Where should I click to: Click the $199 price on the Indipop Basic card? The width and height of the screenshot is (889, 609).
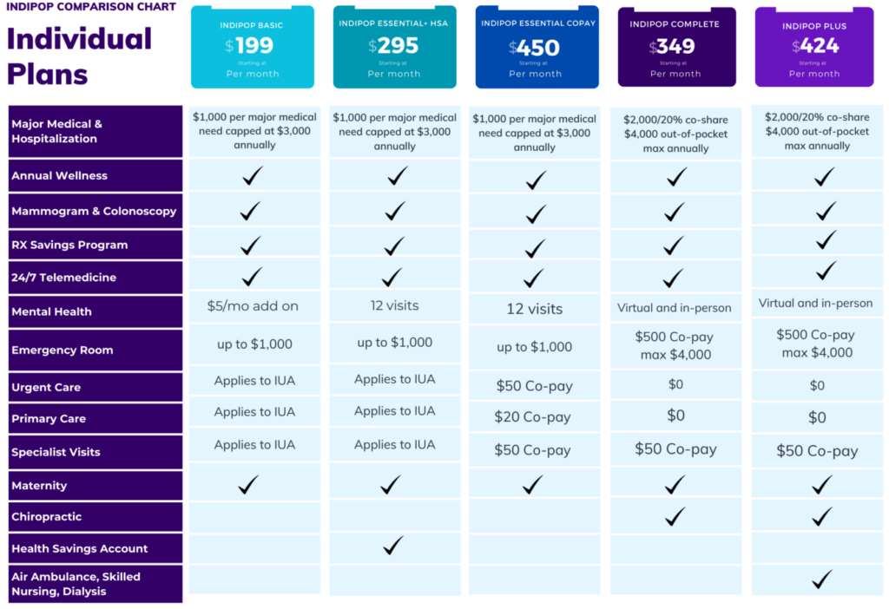(250, 46)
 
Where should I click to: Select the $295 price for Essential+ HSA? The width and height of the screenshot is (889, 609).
(393, 46)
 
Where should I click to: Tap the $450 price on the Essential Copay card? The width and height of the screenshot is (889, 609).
(535, 47)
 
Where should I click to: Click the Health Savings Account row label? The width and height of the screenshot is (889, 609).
(80, 548)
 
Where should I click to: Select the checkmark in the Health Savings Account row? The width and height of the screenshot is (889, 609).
(393, 546)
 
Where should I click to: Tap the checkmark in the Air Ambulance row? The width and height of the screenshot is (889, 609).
(821, 579)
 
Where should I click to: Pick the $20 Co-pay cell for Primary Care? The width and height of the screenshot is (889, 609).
(533, 417)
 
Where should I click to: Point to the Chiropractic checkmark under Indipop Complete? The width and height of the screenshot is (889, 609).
(675, 516)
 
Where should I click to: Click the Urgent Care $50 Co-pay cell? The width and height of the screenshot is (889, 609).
(533, 386)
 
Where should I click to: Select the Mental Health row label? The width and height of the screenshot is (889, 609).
(51, 311)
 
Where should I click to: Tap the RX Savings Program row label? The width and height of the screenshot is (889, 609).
(69, 245)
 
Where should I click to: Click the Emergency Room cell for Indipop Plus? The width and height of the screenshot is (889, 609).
(817, 344)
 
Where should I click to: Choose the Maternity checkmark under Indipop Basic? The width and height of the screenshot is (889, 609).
(249, 485)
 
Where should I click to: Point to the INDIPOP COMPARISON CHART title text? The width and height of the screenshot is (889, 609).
(91, 7)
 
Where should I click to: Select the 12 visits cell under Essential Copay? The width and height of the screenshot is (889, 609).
(535, 309)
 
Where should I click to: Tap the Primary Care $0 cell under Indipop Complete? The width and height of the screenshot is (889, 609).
(675, 416)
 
